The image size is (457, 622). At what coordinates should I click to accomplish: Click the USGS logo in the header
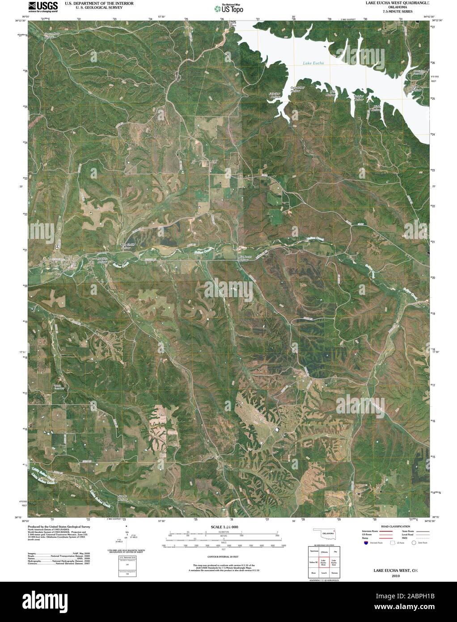(x=43, y=6)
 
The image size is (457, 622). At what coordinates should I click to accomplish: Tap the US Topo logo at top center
(x=228, y=8)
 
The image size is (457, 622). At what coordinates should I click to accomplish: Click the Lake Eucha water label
(x=313, y=63)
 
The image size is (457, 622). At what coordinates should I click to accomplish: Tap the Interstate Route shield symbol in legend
(x=365, y=542)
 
